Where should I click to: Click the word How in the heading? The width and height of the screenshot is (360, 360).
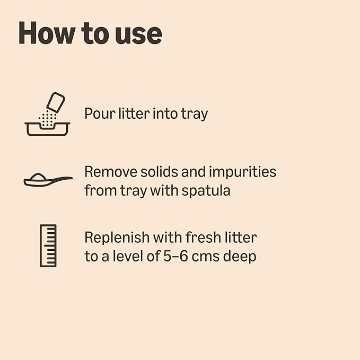[46, 33]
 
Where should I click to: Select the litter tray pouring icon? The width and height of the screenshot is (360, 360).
[47, 114]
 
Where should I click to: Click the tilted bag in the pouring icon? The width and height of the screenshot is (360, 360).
[56, 102]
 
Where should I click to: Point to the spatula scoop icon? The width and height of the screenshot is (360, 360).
[48, 180]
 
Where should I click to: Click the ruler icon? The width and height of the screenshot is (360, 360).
[48, 245]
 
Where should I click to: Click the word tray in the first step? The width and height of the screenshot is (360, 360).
[195, 115]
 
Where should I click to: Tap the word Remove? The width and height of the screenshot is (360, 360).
[111, 172]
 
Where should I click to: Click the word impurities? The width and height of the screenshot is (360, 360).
[242, 172]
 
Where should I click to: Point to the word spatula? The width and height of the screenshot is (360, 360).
[206, 191]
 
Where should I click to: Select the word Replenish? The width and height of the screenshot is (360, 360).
[117, 238]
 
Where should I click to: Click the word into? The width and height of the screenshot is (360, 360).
[165, 113]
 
